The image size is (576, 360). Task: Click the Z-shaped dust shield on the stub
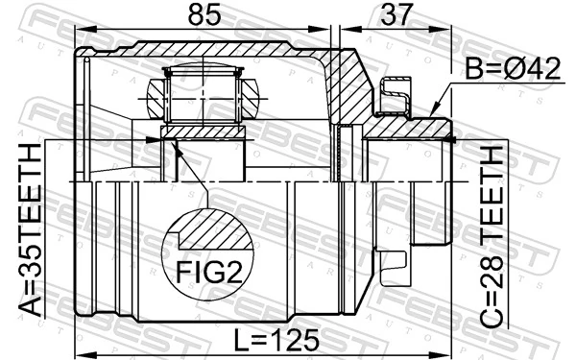pyautogui.click(x=393, y=95)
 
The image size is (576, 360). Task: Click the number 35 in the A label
pyautogui.click(x=30, y=278)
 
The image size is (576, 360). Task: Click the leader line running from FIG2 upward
pyautogui.click(x=192, y=177)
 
